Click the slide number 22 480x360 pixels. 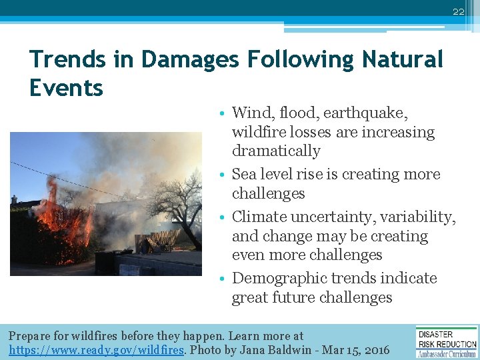[x=458, y=12]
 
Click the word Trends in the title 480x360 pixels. [x=67, y=60]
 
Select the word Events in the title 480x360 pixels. [x=66, y=88]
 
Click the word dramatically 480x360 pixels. [x=276, y=151]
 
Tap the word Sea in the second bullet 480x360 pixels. [x=245, y=174]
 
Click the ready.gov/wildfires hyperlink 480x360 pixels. [x=95, y=349]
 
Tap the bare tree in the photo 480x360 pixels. [x=172, y=200]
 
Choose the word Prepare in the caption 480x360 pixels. [x=30, y=336]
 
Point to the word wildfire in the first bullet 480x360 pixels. [x=256, y=132]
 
